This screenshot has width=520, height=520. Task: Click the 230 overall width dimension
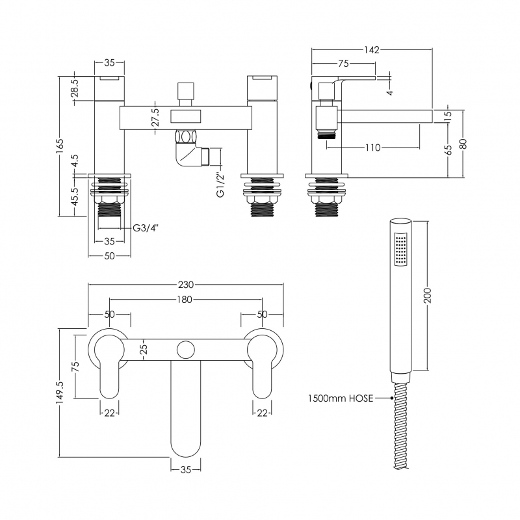tap(186, 284)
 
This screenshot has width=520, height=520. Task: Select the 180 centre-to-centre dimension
tap(185, 300)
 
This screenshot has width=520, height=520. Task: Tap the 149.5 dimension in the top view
tap(60, 393)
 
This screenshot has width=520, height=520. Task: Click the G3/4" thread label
tap(146, 227)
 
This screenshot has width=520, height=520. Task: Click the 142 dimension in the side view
tap(371, 50)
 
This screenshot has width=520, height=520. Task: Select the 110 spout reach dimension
tap(372, 148)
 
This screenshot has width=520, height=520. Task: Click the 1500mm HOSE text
tap(341, 398)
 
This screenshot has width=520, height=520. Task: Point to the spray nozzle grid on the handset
tap(402, 250)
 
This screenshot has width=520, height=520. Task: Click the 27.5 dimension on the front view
tap(155, 117)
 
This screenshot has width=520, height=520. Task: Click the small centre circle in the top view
tap(185, 349)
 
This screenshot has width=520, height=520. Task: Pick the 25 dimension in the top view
tap(144, 349)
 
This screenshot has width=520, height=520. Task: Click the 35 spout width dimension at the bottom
tap(185, 469)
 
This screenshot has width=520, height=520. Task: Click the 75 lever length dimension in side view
tap(343, 64)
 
